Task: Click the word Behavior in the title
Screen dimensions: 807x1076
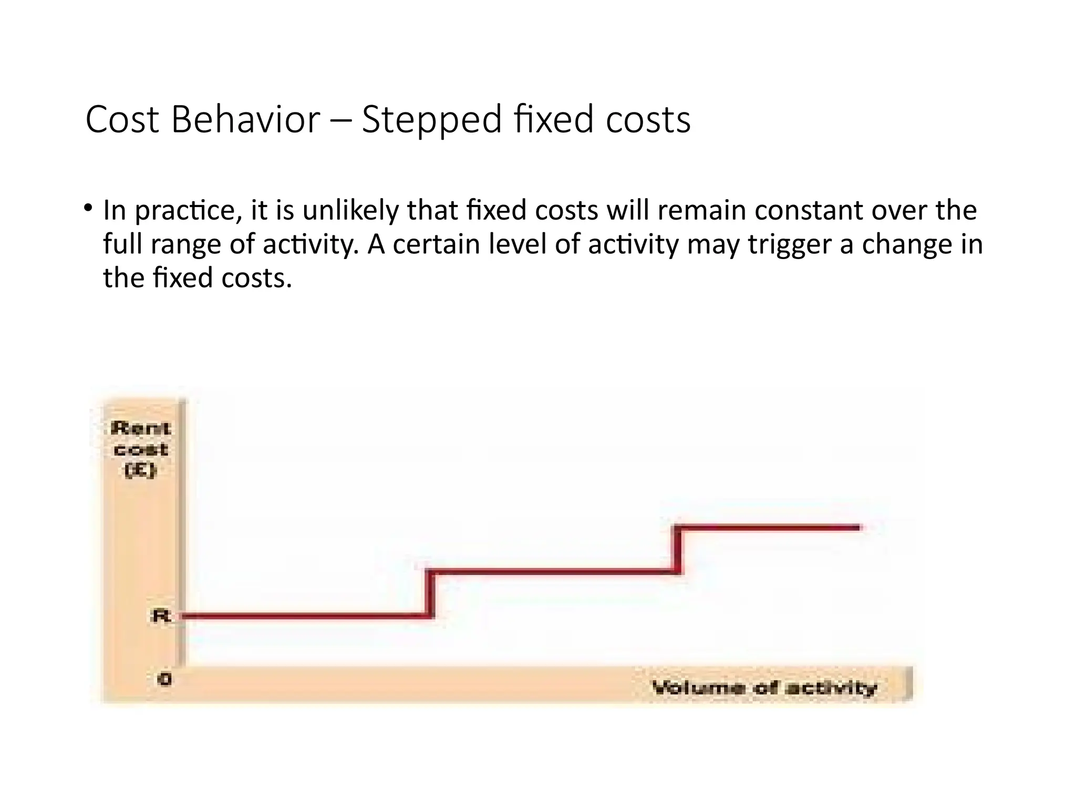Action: click(x=245, y=120)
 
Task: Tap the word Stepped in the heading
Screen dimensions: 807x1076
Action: click(x=432, y=120)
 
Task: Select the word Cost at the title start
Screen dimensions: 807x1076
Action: click(x=122, y=120)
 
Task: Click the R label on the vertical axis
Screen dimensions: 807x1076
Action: click(x=161, y=616)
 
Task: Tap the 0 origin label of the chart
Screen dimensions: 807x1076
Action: click(x=165, y=679)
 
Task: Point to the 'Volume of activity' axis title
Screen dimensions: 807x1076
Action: click(x=764, y=688)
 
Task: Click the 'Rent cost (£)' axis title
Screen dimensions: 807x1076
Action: click(x=140, y=449)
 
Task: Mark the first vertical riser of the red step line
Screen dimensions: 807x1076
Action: click(x=431, y=594)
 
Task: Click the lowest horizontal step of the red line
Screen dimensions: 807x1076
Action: click(x=305, y=616)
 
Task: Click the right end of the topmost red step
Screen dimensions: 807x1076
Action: click(x=857, y=527)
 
